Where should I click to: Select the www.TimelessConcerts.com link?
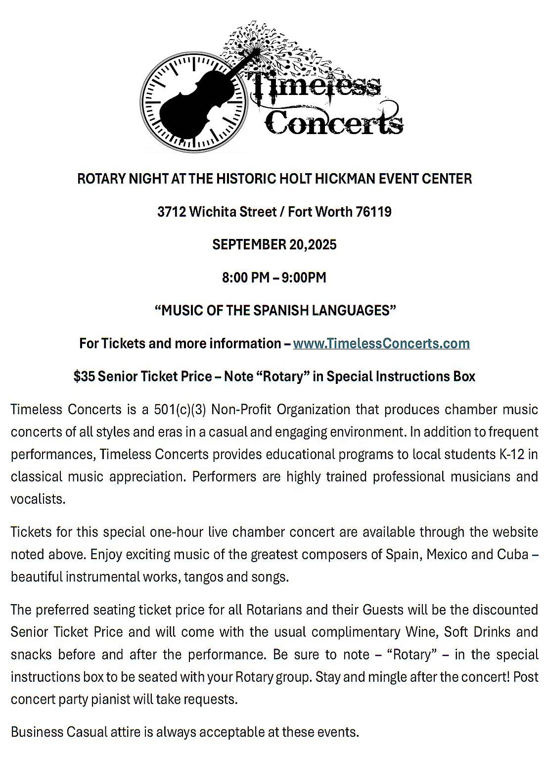tap(381, 343)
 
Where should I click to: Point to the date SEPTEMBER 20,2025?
tap(274, 244)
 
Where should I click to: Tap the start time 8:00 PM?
tap(246, 278)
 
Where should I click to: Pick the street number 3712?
tap(172, 212)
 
